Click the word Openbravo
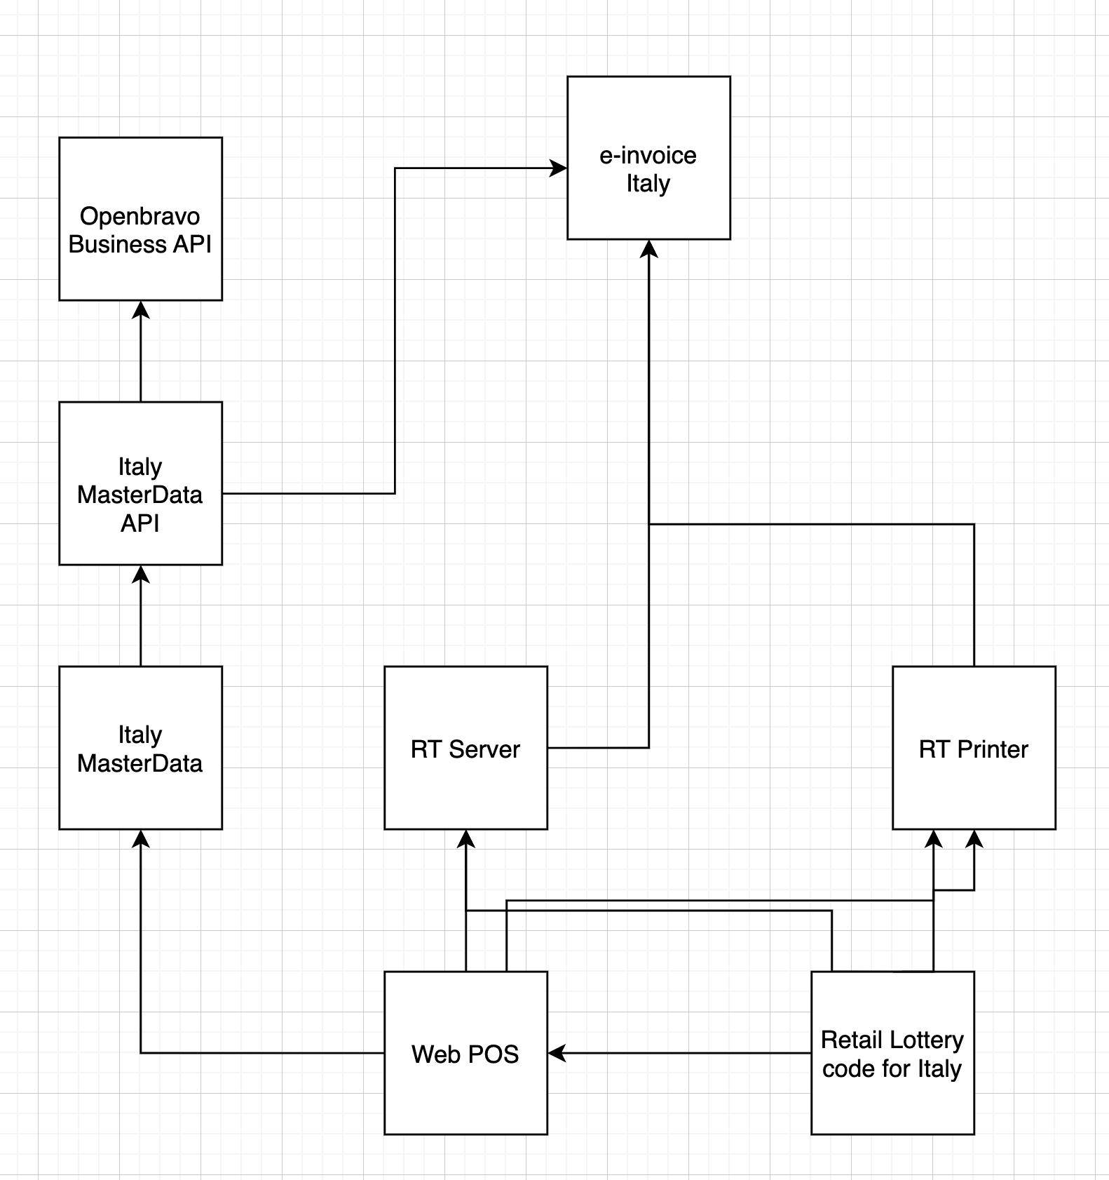pos(140,216)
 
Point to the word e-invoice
pos(648,155)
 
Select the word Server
pos(484,749)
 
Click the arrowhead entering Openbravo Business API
pos(141,309)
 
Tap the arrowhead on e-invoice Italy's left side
pos(559,168)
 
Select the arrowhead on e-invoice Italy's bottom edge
pos(649,248)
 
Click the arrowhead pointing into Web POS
pos(557,1053)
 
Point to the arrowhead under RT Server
pos(466,838)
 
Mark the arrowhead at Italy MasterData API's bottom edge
pos(141,574)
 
